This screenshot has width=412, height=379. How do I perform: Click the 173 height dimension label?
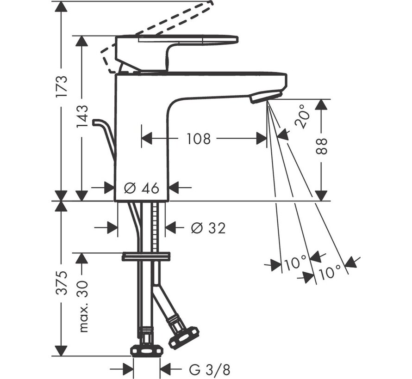point(62,86)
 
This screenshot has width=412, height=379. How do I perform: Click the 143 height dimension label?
point(82,116)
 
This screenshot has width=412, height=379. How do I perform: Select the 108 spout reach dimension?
point(199,139)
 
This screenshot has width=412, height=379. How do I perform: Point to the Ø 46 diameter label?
point(142,188)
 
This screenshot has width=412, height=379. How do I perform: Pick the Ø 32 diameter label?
point(208,228)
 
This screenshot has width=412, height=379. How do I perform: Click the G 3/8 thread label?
point(209,370)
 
